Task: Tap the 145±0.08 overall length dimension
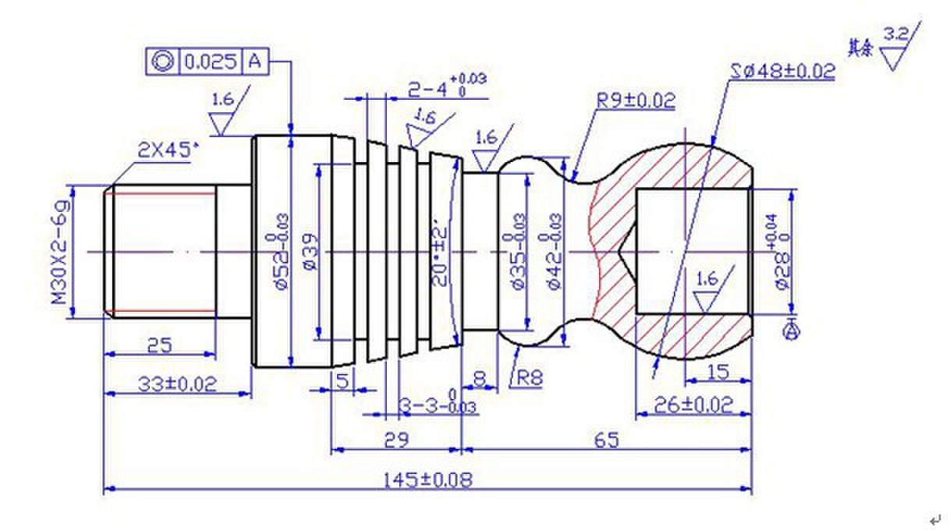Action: (x=428, y=479)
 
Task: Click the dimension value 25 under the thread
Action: (x=160, y=344)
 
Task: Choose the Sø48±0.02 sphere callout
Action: (x=782, y=71)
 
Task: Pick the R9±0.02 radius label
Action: (x=636, y=101)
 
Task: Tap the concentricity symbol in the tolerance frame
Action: (x=163, y=62)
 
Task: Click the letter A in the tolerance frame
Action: (x=254, y=62)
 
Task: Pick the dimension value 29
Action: (x=397, y=440)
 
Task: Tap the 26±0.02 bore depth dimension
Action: (x=694, y=405)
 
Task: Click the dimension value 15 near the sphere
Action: (x=717, y=373)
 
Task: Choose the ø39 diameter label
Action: (x=308, y=251)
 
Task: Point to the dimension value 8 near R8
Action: (x=480, y=378)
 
